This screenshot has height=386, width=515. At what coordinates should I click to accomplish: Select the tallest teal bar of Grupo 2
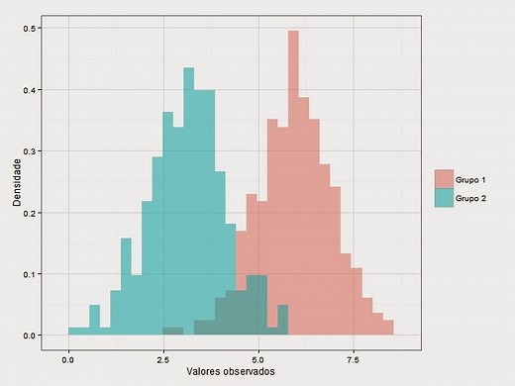click(x=187, y=198)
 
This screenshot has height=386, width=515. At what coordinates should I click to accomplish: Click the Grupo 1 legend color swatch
click(x=444, y=178)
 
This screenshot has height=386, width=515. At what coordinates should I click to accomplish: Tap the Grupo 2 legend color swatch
click(x=444, y=198)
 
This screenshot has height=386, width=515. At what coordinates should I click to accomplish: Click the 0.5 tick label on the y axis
click(x=31, y=29)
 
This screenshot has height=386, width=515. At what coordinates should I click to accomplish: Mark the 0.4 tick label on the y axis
click(x=31, y=90)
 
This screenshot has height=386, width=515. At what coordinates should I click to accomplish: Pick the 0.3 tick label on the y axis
click(x=31, y=151)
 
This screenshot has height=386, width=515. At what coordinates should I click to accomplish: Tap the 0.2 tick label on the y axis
click(x=31, y=213)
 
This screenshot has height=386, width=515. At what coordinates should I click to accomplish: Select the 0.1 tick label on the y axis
click(x=31, y=274)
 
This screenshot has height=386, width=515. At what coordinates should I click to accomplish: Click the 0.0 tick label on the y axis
click(x=31, y=336)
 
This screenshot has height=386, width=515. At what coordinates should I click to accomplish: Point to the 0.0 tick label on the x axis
click(x=68, y=358)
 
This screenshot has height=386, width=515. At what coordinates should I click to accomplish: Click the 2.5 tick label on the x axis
click(x=163, y=358)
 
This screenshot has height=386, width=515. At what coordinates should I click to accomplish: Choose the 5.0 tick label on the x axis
click(x=258, y=358)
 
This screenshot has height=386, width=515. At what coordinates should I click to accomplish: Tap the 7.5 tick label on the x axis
click(x=354, y=358)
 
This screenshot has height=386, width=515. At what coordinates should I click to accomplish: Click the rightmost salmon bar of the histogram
click(x=389, y=328)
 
